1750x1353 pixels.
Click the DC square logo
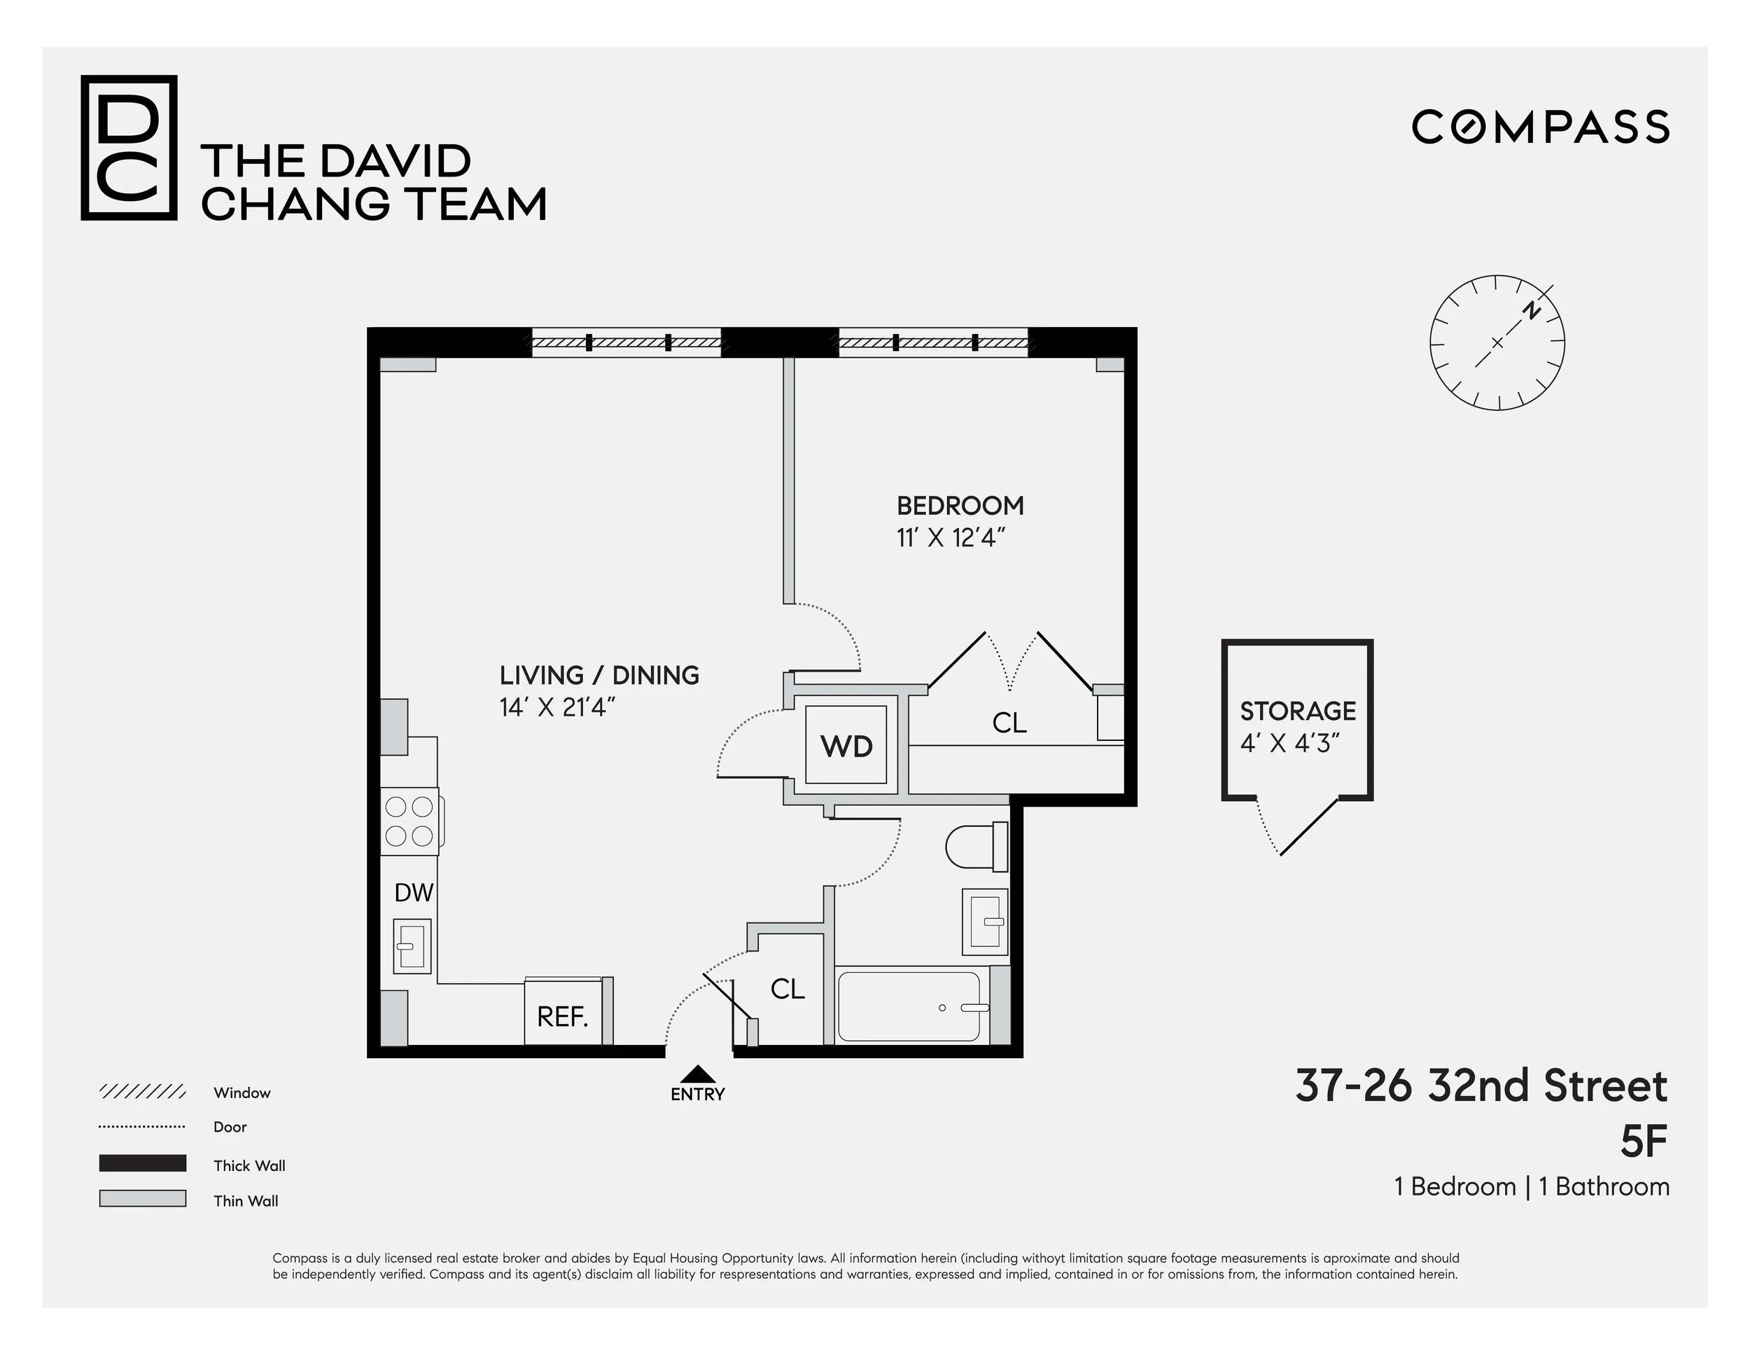tap(129, 148)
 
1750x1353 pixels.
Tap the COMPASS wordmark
tap(1540, 127)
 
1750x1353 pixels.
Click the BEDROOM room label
tap(960, 506)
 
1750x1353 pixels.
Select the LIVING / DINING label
tap(599, 676)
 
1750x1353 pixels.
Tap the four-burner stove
tap(409, 821)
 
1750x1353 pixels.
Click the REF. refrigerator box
tap(563, 1016)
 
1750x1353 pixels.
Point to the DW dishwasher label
tap(414, 892)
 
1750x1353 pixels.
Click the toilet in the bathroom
tap(974, 847)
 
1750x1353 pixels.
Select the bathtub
tap(909, 1007)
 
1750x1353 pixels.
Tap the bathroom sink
tap(984, 921)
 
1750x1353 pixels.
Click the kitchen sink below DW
tap(412, 945)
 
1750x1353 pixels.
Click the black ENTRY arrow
tap(698, 1074)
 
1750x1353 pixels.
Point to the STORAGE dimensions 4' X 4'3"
tap(1290, 744)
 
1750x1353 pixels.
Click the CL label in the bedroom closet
tap(1009, 723)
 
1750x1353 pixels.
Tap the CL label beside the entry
tap(787, 989)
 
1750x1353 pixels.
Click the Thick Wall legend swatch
tap(143, 1163)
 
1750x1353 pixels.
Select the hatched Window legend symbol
tap(143, 1092)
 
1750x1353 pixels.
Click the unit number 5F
tap(1644, 1142)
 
